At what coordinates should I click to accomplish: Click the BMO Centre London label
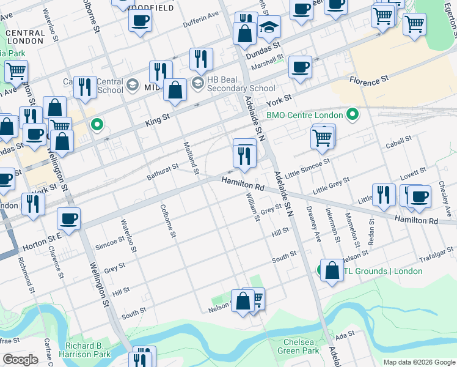(x=304, y=115)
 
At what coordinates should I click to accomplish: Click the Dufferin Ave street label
(x=201, y=29)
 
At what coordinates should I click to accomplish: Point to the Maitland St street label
(x=191, y=157)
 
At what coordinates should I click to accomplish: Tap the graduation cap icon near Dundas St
(x=268, y=28)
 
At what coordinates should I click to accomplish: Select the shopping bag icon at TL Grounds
(x=332, y=272)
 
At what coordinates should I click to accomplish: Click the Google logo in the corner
(x=21, y=360)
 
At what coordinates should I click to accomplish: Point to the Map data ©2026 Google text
(x=419, y=362)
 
